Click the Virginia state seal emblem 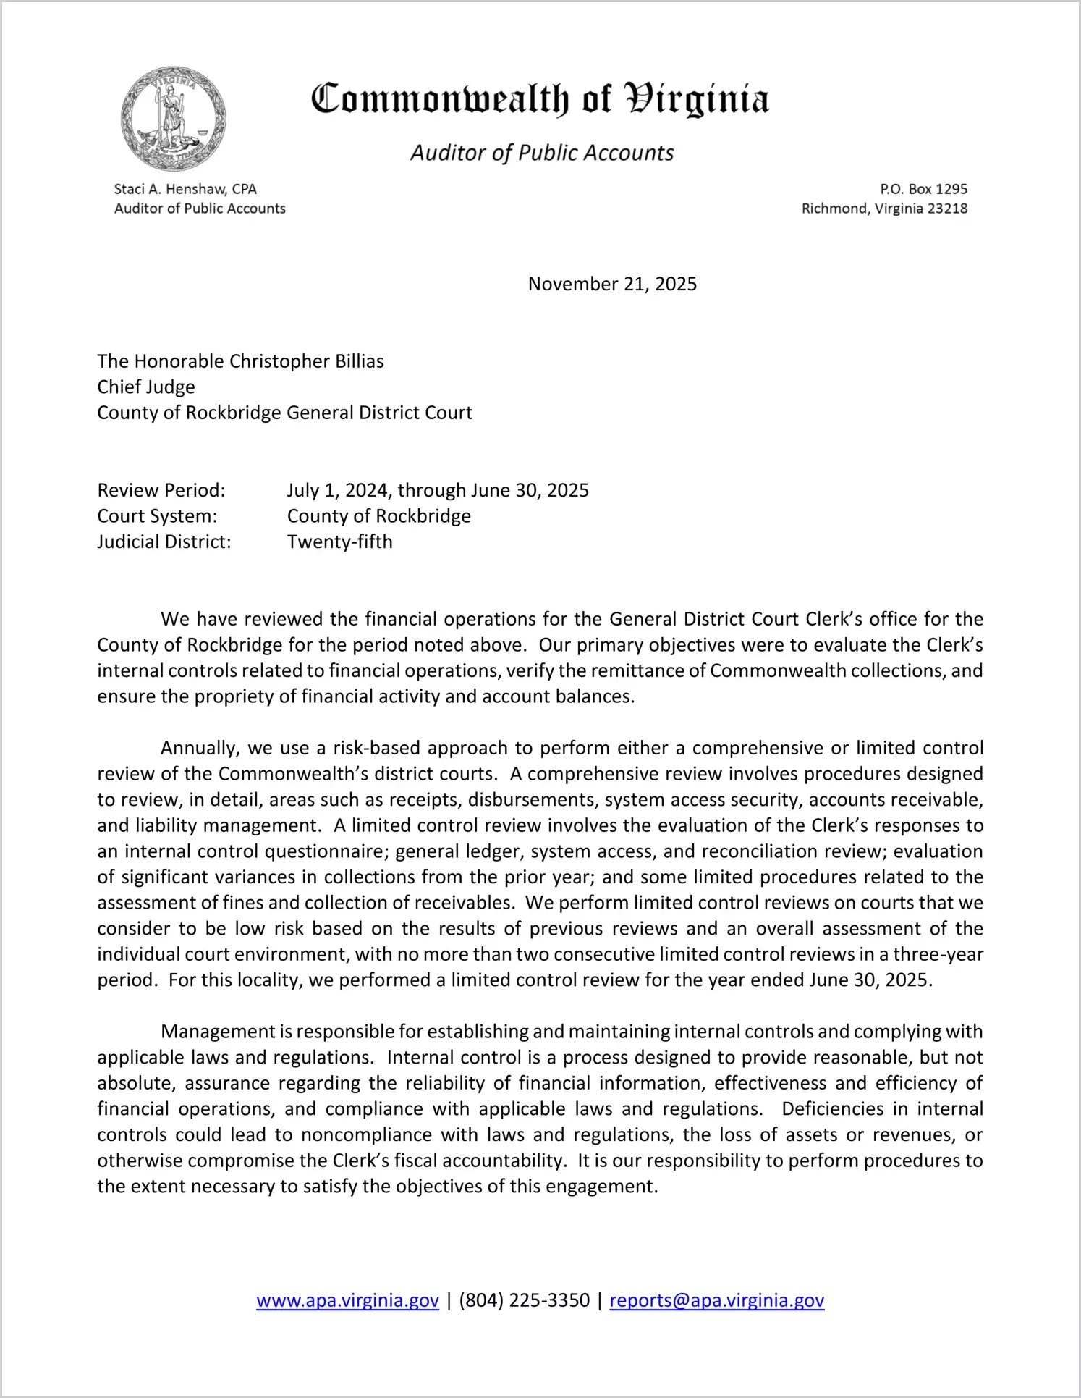(174, 119)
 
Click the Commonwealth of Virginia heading (540, 100)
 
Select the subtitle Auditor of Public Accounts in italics (542, 153)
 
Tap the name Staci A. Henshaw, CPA (185, 189)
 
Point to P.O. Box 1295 (923, 189)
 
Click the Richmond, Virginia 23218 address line (884, 209)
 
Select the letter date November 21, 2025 (612, 284)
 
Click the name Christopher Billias (306, 361)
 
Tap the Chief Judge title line (146, 387)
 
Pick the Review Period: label (161, 490)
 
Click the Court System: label (157, 516)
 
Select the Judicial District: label (164, 542)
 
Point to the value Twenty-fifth (339, 542)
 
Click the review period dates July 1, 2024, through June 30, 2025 (438, 490)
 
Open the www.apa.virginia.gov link (347, 1300)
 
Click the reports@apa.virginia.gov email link (716, 1300)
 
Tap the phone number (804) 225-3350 (524, 1300)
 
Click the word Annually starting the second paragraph (199, 748)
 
